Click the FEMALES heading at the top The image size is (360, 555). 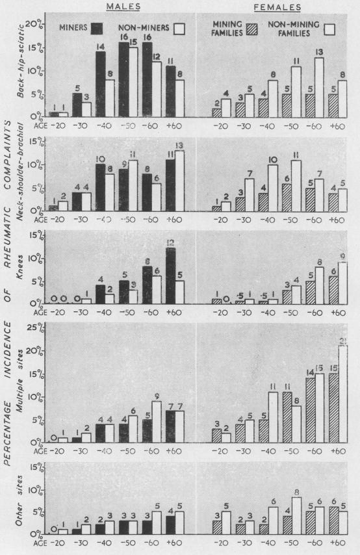[277, 6]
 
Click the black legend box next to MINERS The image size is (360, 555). [98, 28]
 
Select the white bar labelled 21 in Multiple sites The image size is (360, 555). [339, 402]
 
